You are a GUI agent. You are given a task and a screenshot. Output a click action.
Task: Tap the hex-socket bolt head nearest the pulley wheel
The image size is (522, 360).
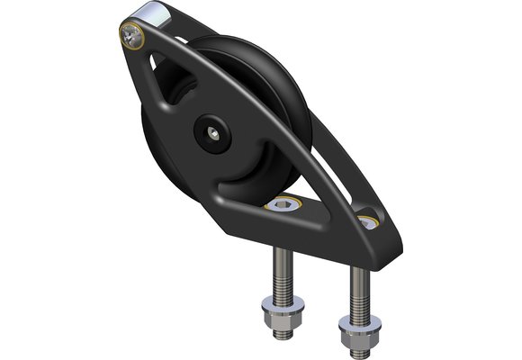(x=286, y=205)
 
